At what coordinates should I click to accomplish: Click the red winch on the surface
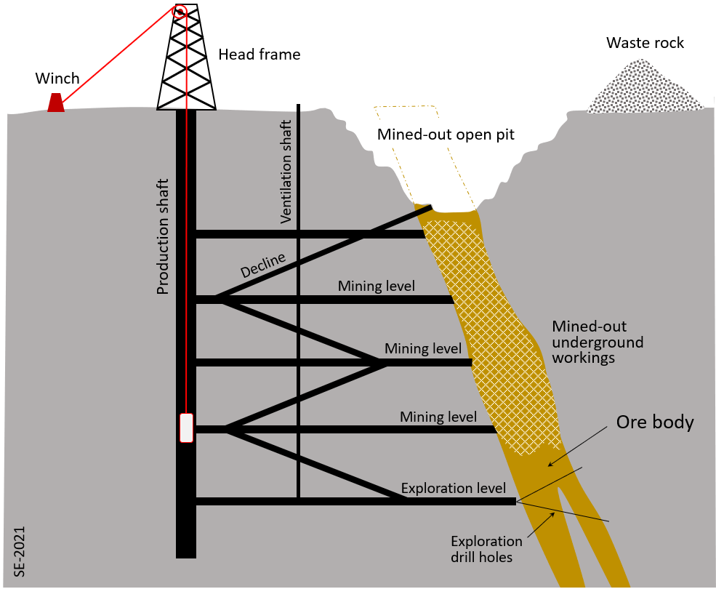[56, 103]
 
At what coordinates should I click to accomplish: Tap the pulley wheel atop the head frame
[180, 11]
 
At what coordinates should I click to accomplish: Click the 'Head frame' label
[259, 55]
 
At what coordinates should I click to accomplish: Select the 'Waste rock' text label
[645, 43]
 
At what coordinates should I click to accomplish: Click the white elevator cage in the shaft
[187, 428]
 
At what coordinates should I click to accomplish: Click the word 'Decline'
[263, 266]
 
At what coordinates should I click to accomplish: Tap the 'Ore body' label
[655, 422]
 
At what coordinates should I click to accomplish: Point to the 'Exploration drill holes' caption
[486, 549]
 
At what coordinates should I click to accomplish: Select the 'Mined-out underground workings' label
[598, 342]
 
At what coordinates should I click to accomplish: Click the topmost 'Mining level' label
[376, 286]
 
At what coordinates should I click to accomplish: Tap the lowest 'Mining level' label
[438, 417]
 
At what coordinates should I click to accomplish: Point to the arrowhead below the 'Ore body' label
[550, 464]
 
